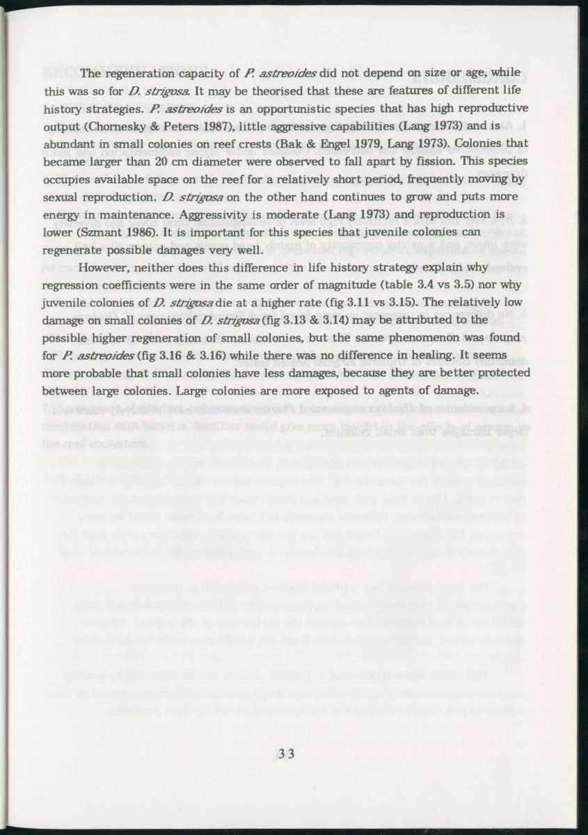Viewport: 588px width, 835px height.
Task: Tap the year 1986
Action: coord(147,231)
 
